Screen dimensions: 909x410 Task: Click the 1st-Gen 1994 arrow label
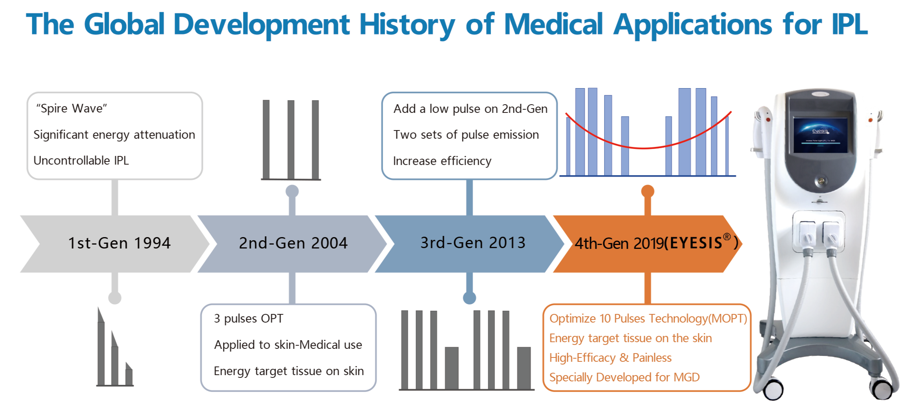point(119,243)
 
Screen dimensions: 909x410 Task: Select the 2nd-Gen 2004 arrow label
point(293,243)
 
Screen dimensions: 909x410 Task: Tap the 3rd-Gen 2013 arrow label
point(473,243)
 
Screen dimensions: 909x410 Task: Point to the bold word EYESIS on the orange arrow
point(695,243)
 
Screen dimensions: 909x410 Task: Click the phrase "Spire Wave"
point(71,108)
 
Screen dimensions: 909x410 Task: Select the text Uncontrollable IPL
point(81,160)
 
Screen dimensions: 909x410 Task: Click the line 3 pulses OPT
point(248,318)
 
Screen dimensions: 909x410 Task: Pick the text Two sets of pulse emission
point(466,134)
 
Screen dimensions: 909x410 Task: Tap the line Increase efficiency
point(442,161)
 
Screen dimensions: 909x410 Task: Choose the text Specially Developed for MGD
point(624,377)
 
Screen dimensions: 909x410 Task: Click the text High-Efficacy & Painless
point(610,357)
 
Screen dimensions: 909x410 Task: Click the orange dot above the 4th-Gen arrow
point(648,191)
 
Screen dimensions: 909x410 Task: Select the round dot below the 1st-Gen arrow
point(115,298)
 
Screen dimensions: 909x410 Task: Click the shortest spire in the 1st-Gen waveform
point(129,374)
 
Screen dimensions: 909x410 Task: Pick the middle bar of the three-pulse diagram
point(291,140)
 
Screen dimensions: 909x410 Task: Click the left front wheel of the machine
point(773,389)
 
